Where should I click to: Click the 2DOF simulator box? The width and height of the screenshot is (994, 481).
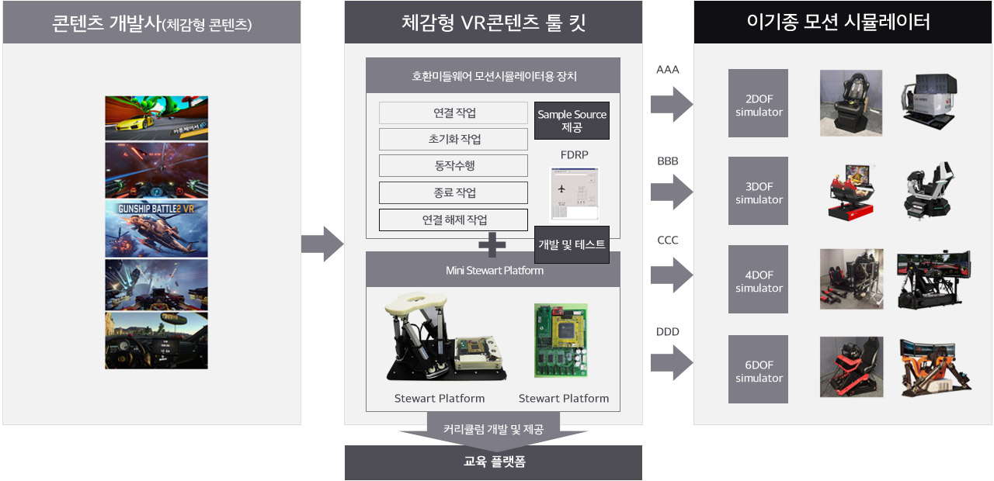point(758,103)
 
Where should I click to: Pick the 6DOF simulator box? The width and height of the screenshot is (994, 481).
point(758,369)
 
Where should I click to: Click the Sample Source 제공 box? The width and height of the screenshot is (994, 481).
point(572,120)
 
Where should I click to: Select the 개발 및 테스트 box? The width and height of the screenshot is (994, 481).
point(572,244)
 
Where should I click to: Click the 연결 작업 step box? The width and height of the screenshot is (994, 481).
point(454,113)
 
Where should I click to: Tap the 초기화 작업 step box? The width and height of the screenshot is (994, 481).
point(454,140)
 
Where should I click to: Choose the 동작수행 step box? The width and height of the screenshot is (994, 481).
point(454,166)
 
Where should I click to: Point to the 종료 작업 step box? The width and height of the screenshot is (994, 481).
point(454,192)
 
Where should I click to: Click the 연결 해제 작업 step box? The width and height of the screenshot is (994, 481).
point(454,220)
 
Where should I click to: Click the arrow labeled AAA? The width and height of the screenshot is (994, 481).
point(671,103)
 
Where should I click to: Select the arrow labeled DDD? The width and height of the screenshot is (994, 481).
point(671,361)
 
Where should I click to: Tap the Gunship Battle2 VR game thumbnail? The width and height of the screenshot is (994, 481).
point(157,229)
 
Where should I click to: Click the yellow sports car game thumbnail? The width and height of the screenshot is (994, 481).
point(157,118)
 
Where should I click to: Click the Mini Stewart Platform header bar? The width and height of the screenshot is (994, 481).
point(494,271)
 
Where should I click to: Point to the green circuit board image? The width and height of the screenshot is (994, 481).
point(560,341)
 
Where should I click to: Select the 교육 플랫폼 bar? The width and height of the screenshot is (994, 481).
point(494,462)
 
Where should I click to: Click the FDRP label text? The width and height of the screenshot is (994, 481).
point(575,155)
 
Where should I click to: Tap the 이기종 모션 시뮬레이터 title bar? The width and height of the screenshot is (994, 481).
point(843,22)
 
